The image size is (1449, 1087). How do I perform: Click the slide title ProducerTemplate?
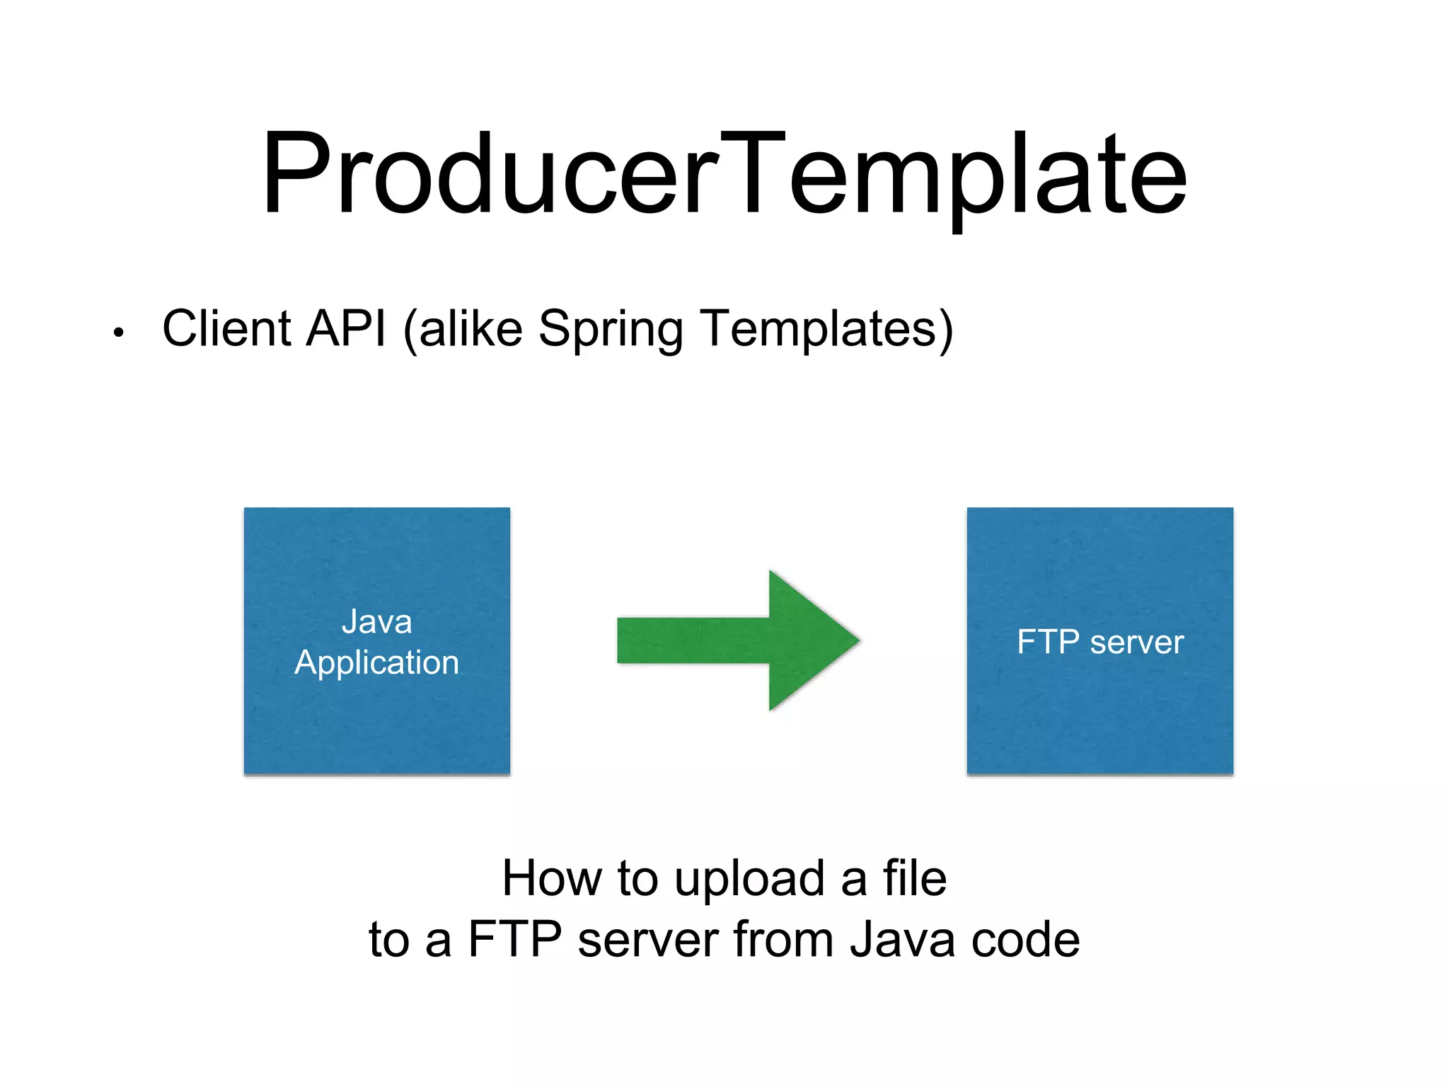[x=724, y=173]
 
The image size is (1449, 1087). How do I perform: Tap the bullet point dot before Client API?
[x=119, y=333]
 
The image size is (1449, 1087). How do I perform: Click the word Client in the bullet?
[x=226, y=328]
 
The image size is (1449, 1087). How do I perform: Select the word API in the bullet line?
[x=347, y=328]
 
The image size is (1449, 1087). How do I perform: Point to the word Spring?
[x=610, y=330]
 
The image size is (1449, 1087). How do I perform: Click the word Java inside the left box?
[x=376, y=622]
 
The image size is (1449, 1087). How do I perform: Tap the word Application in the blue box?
[x=376, y=663]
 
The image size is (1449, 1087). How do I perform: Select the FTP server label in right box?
[x=1099, y=642]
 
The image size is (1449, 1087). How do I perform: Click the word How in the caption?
[x=551, y=878]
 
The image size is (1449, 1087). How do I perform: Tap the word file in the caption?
[x=914, y=878]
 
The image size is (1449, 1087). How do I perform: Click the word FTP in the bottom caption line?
[x=514, y=940]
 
